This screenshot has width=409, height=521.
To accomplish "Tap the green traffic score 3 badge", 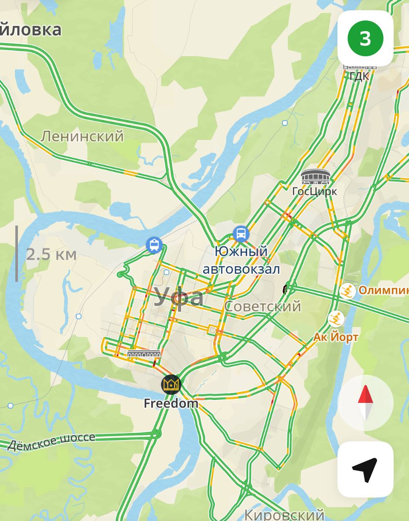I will click(x=365, y=39).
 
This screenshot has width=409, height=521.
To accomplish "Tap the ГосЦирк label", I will click(x=314, y=191).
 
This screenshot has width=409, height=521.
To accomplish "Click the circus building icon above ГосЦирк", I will click(x=315, y=177).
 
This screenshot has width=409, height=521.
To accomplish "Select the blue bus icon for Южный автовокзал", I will click(x=241, y=234).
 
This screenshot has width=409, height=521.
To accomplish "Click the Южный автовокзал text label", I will click(x=241, y=260).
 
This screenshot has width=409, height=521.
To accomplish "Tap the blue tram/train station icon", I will click(x=154, y=245).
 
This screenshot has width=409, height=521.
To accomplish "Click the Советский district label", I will click(x=262, y=306).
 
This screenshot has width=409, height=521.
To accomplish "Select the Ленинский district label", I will click(x=82, y=136).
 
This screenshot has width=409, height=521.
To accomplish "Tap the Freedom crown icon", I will click(x=171, y=385).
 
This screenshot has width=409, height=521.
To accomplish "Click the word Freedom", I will click(x=171, y=403).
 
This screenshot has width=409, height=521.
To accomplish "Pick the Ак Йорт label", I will click(x=336, y=337).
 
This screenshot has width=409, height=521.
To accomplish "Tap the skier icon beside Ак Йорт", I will click(x=336, y=318).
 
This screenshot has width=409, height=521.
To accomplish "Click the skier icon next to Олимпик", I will click(x=348, y=291).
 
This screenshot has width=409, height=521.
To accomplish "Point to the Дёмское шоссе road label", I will click(x=51, y=441).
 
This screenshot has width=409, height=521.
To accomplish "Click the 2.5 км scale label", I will click(x=51, y=255).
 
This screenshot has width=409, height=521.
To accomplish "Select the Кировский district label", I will click(x=284, y=514).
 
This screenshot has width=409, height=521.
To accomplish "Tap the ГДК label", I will click(x=359, y=77).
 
